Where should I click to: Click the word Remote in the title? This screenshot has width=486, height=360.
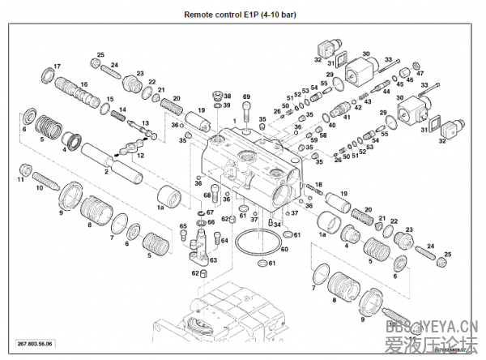(201, 14)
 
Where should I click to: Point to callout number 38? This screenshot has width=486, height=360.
(228, 96)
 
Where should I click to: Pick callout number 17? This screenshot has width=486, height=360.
(58, 66)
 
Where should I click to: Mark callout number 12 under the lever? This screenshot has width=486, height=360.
(141, 155)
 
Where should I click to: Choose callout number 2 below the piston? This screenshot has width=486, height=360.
(105, 172)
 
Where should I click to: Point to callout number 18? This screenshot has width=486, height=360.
(318, 185)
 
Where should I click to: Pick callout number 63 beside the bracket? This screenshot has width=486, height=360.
(213, 260)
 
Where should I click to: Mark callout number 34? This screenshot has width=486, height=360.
(278, 225)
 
